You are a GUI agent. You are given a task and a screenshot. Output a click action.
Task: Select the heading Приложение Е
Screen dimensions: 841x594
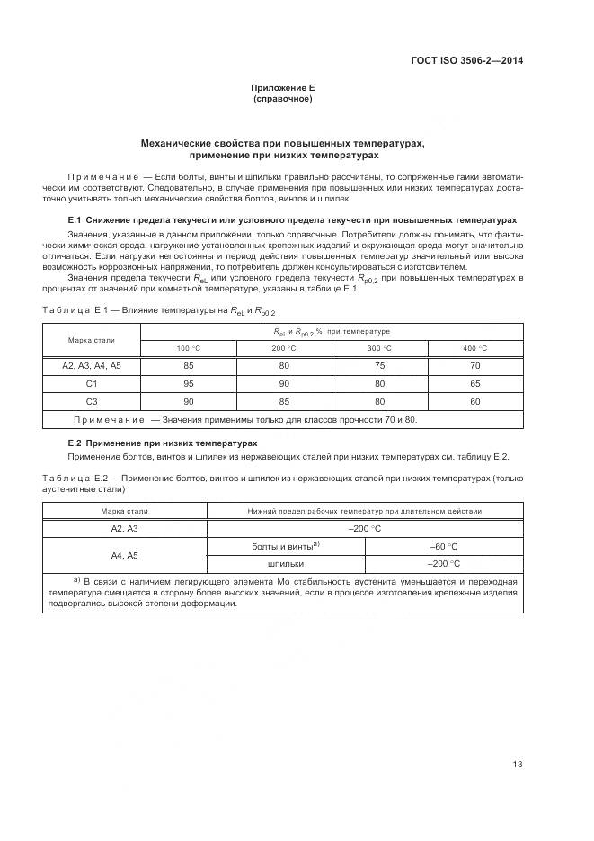[x=282, y=87]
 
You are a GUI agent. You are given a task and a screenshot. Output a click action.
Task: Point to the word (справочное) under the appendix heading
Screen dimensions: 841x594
[x=282, y=99]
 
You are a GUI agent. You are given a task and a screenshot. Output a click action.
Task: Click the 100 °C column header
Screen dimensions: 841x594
[x=189, y=348]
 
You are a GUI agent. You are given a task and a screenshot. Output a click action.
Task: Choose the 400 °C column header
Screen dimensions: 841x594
[x=474, y=348]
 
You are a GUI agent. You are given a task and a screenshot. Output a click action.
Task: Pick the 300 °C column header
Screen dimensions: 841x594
[x=379, y=348]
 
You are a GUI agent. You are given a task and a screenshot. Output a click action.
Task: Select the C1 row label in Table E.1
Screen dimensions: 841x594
[x=92, y=383]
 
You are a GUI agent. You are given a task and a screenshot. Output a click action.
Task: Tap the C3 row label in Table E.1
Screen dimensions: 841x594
[x=92, y=401]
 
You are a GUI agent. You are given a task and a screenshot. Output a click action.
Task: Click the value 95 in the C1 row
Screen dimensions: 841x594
[x=189, y=383]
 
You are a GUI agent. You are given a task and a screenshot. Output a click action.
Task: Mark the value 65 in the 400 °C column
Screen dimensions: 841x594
[x=474, y=383]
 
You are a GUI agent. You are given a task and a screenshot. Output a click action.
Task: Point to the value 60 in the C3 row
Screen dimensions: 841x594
[x=474, y=401]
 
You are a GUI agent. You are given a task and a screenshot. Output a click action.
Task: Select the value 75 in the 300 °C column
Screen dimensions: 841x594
[x=379, y=366]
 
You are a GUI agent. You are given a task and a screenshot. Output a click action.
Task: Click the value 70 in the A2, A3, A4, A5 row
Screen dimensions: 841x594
[x=474, y=366]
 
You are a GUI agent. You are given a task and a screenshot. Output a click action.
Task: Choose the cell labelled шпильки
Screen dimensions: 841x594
[x=286, y=564]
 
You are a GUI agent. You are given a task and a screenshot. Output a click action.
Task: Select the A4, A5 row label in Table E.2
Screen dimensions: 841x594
[x=124, y=555]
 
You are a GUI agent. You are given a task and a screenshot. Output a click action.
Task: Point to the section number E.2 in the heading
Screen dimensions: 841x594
[x=75, y=443]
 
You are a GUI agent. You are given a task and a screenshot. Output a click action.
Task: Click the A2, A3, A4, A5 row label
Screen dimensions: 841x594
[x=92, y=366]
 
